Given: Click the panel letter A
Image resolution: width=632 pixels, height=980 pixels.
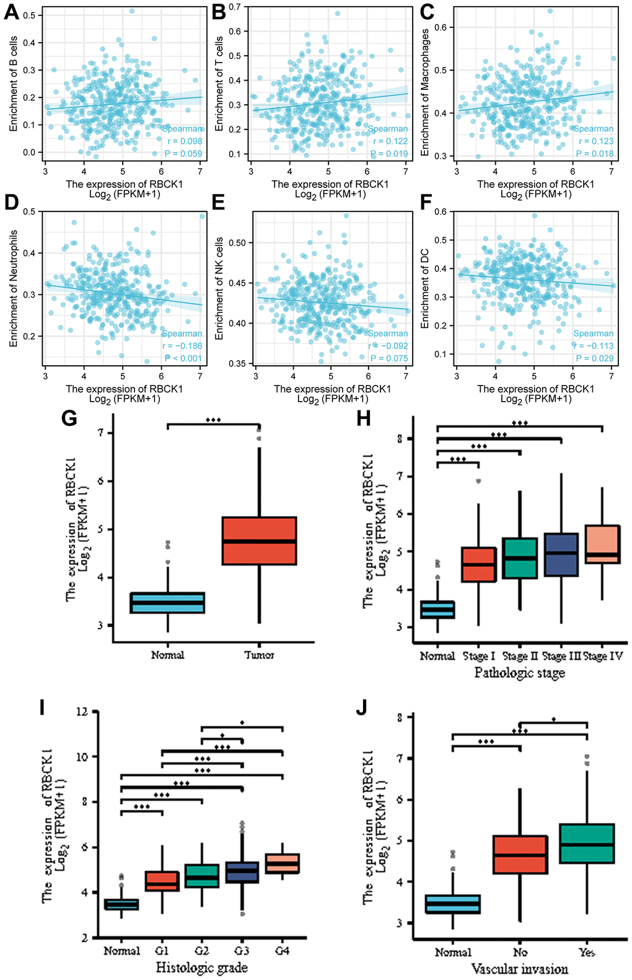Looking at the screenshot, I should (11, 12).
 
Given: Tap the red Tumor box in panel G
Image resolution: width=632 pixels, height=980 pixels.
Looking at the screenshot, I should (259, 541).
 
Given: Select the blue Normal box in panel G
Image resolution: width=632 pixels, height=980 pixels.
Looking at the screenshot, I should (168, 603).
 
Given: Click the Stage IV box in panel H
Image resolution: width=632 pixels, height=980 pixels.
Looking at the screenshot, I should (602, 544).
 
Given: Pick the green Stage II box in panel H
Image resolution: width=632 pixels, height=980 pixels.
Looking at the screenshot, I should (520, 558).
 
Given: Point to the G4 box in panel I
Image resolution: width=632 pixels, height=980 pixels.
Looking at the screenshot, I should (282, 863).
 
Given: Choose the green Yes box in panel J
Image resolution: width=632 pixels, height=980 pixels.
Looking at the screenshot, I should (586, 844).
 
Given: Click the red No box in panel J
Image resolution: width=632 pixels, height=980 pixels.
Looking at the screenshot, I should (520, 855).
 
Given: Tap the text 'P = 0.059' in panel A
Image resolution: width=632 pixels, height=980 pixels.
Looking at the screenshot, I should (183, 154).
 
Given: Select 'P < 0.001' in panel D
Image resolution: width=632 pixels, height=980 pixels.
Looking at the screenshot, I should (183, 358).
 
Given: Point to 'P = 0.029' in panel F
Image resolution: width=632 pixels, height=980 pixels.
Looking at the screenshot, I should (595, 358).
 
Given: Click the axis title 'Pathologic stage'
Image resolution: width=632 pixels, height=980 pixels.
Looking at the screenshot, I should (520, 673).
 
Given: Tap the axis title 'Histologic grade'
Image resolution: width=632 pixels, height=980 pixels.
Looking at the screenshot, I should (201, 968).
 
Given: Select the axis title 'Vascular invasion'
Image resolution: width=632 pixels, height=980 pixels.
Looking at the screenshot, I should (520, 969).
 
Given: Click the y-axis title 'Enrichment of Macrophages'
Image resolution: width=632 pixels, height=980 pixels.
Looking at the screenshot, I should (425, 92).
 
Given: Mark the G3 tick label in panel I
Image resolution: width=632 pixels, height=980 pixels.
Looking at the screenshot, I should (242, 951).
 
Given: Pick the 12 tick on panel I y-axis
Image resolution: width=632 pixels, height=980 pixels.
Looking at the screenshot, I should (82, 712).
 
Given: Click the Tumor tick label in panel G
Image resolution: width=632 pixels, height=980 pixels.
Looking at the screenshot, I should (259, 655).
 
